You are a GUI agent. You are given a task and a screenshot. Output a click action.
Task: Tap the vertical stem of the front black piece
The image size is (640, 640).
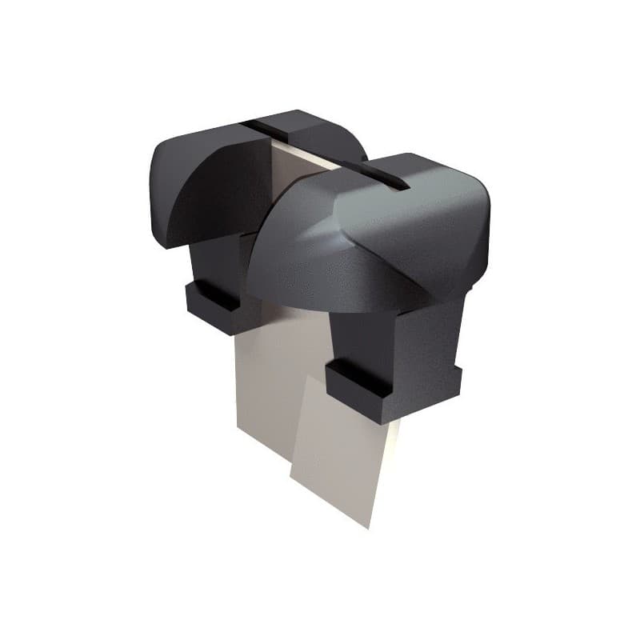pos(368,336)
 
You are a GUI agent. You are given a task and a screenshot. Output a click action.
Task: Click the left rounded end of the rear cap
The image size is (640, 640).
pos(160,192)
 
